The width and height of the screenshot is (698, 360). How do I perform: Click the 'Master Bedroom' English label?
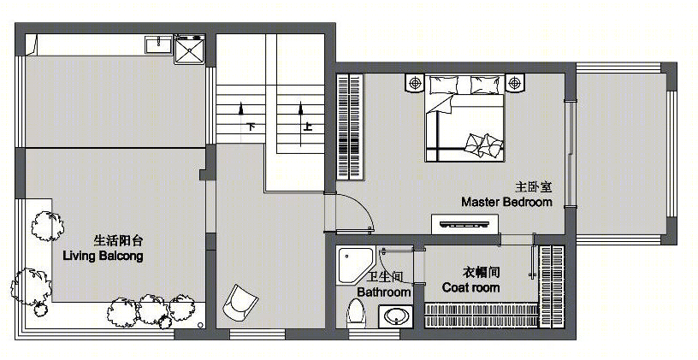[x=506, y=202]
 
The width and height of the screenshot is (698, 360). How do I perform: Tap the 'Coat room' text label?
[x=470, y=287]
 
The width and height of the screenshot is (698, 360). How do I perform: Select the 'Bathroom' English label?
[x=384, y=292]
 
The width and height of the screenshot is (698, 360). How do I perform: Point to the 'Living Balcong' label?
[x=103, y=256]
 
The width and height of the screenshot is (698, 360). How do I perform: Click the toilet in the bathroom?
[x=355, y=313]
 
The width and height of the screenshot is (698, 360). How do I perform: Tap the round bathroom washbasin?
[x=395, y=317]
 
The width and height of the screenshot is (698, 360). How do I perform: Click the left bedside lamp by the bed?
[x=415, y=83]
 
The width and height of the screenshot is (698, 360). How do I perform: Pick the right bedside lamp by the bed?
[x=515, y=83]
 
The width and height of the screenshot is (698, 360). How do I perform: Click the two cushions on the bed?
[x=483, y=145]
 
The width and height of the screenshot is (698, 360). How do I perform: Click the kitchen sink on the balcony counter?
[x=158, y=44]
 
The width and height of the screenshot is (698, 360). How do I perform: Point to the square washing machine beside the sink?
[x=190, y=50]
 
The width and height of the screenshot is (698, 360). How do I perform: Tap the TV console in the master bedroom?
[x=464, y=223]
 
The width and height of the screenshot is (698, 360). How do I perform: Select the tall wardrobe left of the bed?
[x=350, y=127]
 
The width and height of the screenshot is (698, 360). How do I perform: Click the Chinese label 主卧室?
[x=534, y=186]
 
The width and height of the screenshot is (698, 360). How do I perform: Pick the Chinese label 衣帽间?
[x=482, y=271]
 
